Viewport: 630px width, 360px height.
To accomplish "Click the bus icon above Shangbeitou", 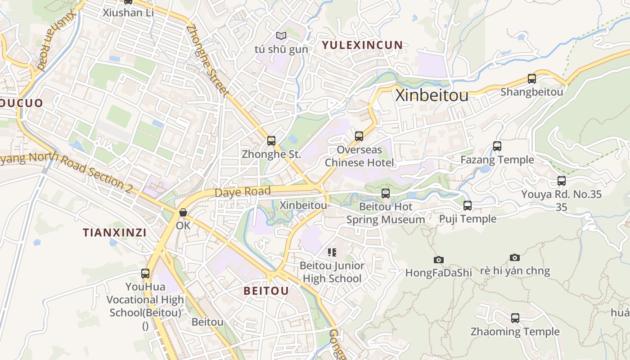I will [532, 79].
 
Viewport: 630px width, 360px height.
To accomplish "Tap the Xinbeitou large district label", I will [432, 95].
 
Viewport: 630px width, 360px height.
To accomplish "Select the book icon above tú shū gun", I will [281, 36].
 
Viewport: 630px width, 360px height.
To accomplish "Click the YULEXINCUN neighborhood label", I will [362, 45].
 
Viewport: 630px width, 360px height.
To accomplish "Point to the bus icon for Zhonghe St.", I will [271, 141].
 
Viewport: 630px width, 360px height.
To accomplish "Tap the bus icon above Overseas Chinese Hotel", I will [359, 136].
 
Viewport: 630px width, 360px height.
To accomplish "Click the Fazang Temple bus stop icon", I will [497, 146].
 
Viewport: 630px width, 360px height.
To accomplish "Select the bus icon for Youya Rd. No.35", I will [562, 181].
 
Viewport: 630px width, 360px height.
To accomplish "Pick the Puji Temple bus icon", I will [468, 206].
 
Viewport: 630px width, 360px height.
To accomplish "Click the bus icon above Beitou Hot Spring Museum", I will [386, 193].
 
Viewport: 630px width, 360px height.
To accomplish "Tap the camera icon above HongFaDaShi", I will [439, 260].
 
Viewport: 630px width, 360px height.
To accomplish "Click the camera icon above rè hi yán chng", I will [515, 257].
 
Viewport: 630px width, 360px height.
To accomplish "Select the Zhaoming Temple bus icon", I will [515, 318].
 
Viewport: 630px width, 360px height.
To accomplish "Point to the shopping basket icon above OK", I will [183, 212].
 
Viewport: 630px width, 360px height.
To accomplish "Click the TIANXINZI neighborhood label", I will [114, 233].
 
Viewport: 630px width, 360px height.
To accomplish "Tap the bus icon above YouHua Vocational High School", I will [145, 273].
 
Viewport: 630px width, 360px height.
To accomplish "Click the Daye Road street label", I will [243, 192].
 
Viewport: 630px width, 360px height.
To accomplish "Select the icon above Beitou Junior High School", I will [332, 252].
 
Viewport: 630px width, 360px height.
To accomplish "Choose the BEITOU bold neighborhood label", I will [266, 291].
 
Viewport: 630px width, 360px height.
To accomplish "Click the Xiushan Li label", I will [128, 13].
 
